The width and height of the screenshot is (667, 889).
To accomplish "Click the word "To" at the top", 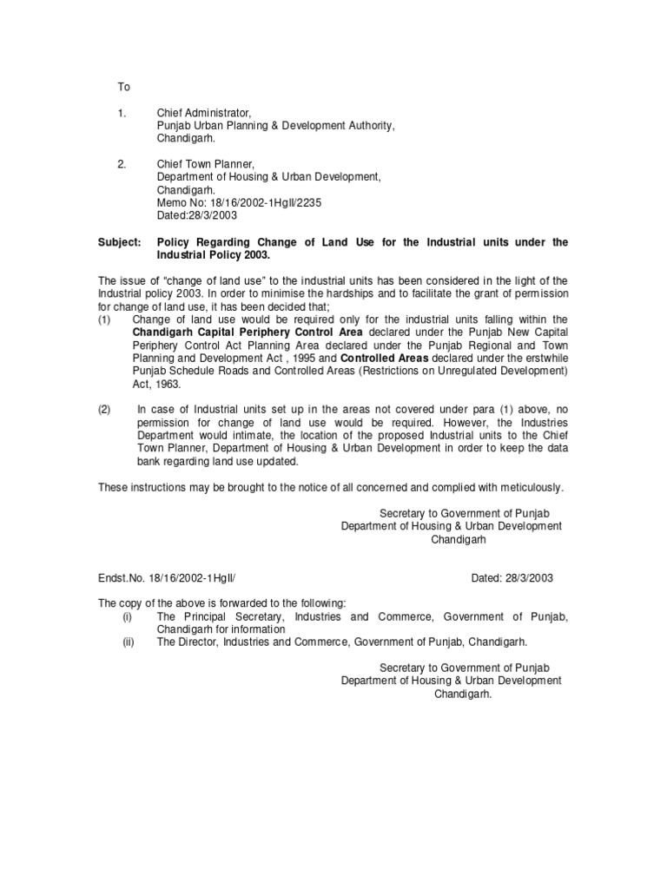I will coord(123,87).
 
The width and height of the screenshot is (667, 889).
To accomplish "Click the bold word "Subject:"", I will coord(119,242).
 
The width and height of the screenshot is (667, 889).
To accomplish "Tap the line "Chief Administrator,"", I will coord(203,113).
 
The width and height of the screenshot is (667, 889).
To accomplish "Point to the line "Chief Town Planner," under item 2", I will coord(205,163).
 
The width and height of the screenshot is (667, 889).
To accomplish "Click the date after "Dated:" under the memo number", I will coord(215,214).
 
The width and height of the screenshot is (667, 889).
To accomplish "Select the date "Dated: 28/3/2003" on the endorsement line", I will coord(512,577).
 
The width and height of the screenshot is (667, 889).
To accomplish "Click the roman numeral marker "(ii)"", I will coord(127,642).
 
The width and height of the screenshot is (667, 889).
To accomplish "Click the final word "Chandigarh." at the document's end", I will coord(463,694).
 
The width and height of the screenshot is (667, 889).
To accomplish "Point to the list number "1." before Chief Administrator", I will coord(122,113).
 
